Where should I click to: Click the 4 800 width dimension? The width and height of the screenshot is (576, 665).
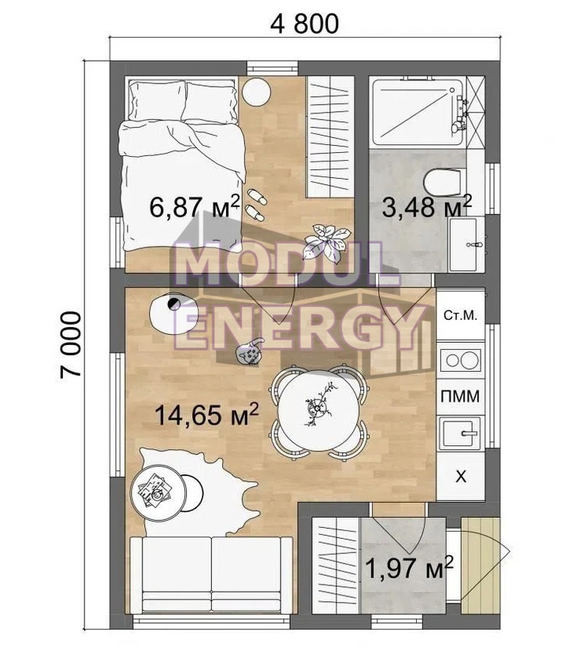[304, 24]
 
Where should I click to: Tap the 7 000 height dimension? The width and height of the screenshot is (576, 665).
[70, 345]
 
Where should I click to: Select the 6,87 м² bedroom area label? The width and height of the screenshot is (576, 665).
[195, 206]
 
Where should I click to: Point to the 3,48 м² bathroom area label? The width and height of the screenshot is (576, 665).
[427, 206]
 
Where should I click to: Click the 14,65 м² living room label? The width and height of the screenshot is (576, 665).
[206, 414]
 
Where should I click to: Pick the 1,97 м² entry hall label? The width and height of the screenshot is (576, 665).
[409, 567]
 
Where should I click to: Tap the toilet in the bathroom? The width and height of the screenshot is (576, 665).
[442, 182]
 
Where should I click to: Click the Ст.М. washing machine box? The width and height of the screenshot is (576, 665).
[461, 315]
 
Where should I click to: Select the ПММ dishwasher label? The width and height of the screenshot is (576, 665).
[460, 396]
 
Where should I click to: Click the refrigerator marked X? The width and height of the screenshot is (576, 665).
[461, 477]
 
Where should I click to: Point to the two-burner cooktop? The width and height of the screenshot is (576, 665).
[461, 361]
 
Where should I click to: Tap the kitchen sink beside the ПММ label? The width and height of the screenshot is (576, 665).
[461, 433]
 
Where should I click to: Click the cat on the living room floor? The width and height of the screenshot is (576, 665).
[250, 351]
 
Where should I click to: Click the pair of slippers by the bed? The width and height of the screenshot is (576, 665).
[256, 205]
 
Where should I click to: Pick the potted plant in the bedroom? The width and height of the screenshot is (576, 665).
[327, 241]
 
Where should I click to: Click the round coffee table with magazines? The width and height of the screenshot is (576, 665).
[158, 492]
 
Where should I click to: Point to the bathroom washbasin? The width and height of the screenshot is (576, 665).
[466, 244]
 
